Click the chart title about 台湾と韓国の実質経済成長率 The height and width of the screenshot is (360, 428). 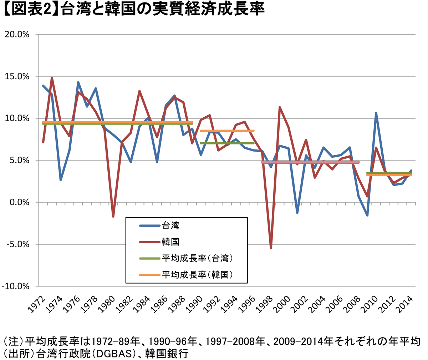[134, 10]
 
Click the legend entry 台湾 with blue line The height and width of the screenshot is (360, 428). [170, 225]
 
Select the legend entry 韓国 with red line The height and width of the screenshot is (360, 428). [170, 242]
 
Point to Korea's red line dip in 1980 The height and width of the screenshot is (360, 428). [113, 216]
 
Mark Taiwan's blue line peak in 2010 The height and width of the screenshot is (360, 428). [376, 113]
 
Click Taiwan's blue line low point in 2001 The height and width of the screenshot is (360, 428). [297, 213]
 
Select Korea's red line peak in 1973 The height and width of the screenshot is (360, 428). [52, 78]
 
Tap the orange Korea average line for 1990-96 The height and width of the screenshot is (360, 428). [227, 131]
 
